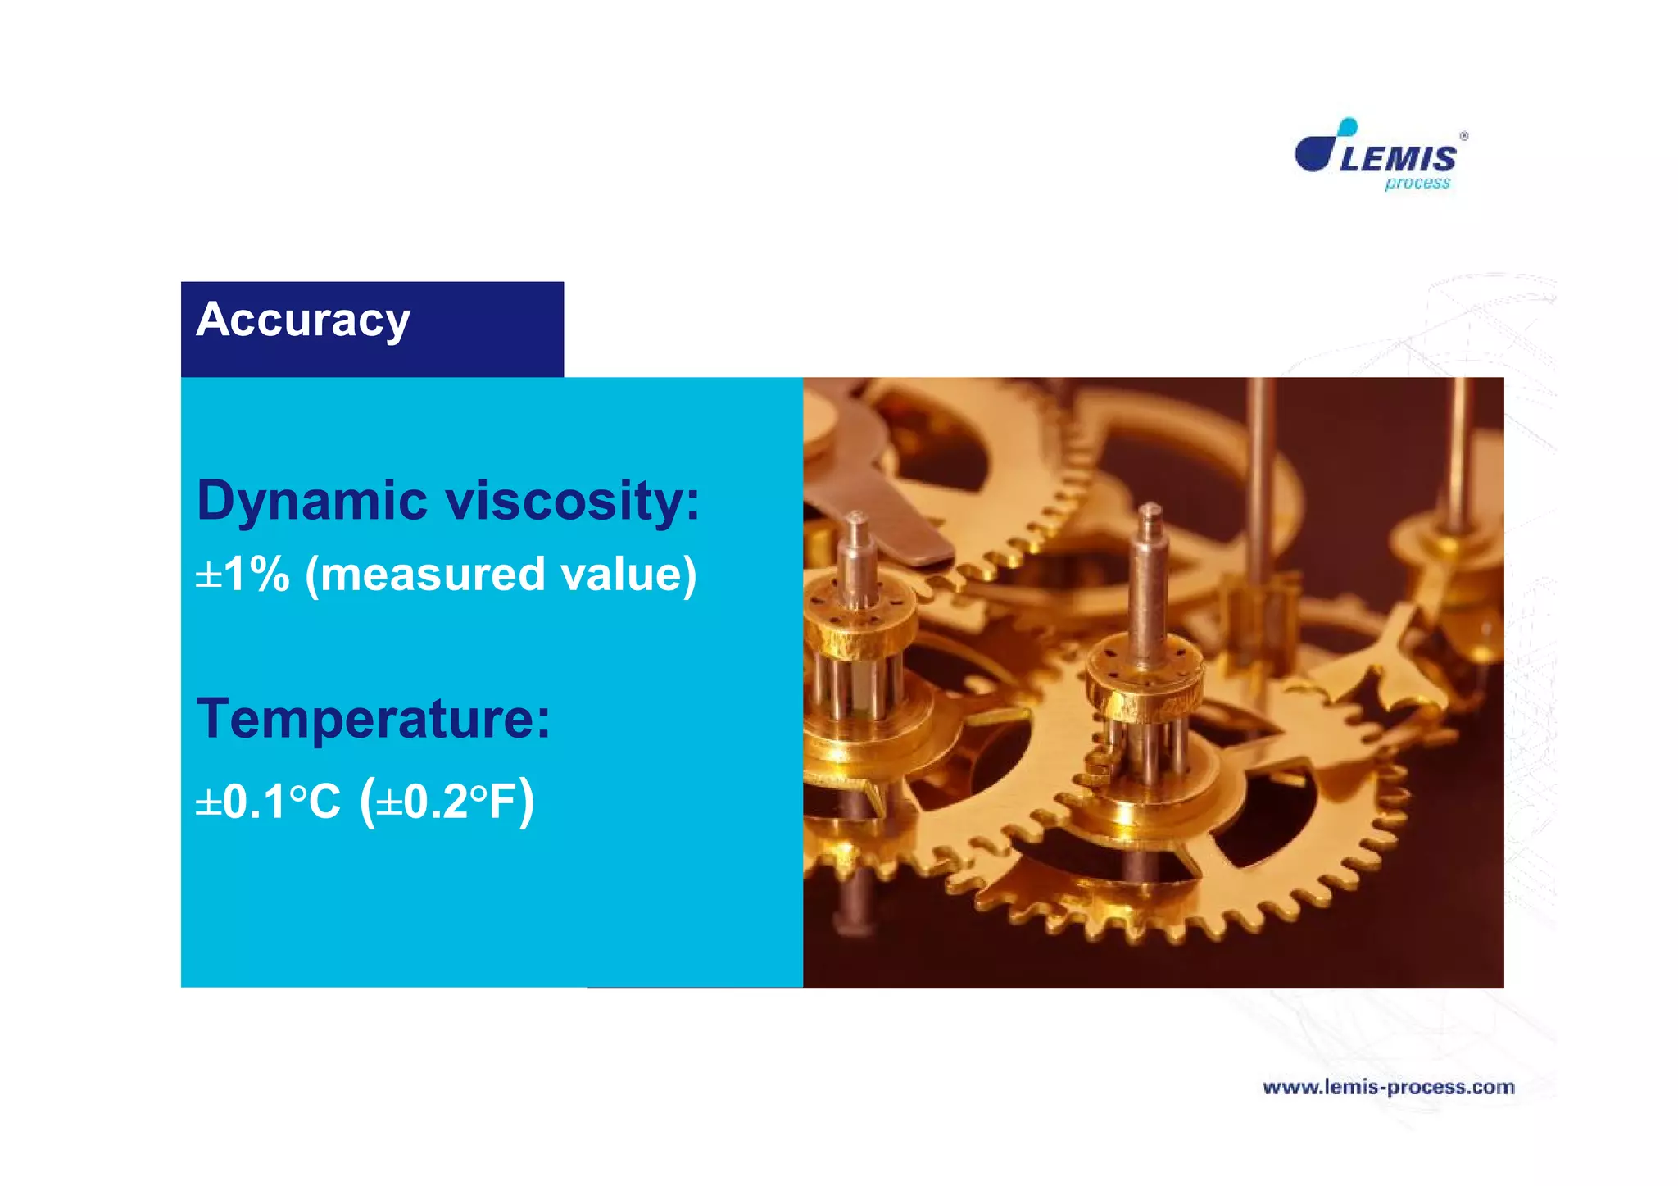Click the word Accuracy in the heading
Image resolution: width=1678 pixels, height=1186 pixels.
302,320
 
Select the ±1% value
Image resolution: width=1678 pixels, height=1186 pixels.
243,574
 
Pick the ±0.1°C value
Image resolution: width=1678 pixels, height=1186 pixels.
268,802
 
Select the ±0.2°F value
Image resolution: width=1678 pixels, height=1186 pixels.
447,802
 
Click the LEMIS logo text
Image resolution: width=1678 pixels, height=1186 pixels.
1398,158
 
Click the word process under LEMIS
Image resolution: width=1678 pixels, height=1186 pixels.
1417,184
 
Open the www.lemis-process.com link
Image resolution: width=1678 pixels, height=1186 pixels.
1389,1088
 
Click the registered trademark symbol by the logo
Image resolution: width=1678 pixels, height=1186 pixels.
1463,136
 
